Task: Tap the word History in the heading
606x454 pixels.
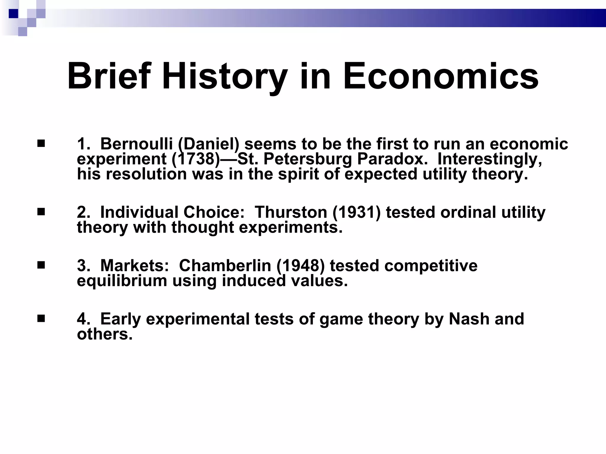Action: (225, 77)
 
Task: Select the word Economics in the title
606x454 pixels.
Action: (441, 76)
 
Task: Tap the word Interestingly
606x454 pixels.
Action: (490, 159)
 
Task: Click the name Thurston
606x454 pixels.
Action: (291, 212)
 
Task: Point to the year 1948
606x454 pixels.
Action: (300, 266)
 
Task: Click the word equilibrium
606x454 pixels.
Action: (122, 281)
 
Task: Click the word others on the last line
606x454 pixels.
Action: (104, 334)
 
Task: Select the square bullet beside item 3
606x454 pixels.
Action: (41, 265)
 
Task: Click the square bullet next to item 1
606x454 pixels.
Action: (41, 144)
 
